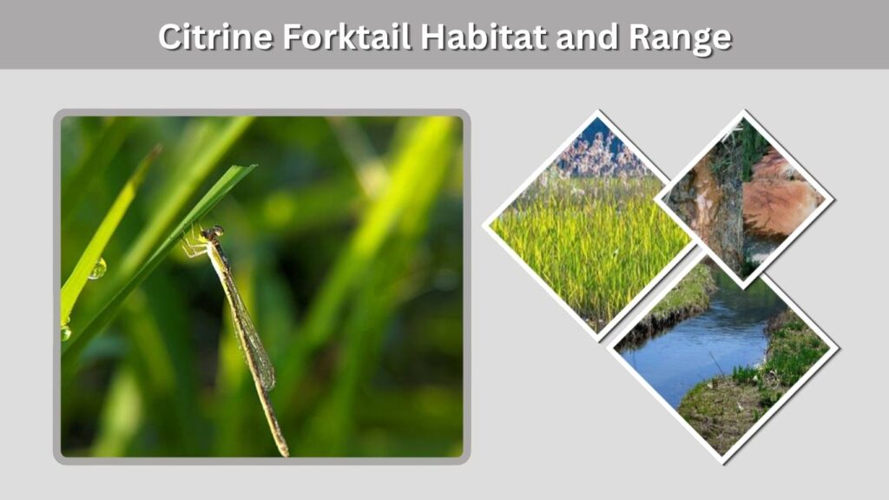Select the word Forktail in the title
[x=346, y=36]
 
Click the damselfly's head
[x=214, y=232]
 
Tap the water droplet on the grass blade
[x=97, y=269]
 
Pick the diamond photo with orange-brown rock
[x=744, y=199]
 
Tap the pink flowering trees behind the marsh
[x=601, y=153]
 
